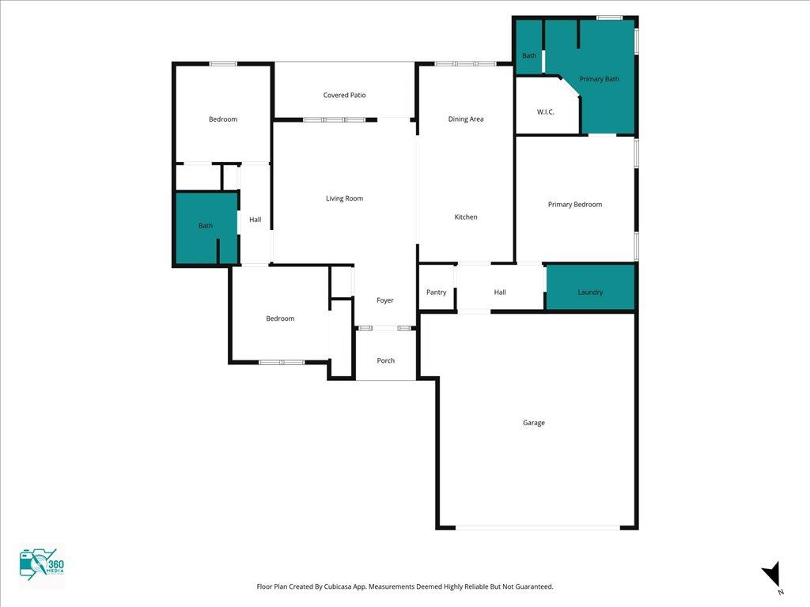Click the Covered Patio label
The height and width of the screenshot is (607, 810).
[344, 95]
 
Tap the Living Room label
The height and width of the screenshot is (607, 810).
[344, 198]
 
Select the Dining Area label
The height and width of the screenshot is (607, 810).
[465, 119]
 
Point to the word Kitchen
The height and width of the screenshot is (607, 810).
[465, 217]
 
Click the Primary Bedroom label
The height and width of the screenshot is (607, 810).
[574, 205]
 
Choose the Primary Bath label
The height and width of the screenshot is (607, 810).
[599, 79]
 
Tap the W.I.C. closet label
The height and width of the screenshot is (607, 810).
[546, 111]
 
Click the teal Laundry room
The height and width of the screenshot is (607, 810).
[590, 288]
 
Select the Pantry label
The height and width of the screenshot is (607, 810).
[436, 292]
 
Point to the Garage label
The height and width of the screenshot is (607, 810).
[534, 423]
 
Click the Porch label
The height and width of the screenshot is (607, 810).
[385, 360]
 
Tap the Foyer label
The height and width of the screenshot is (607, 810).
[385, 300]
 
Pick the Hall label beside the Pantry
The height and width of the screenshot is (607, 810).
[500, 292]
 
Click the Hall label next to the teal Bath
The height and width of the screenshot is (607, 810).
[255, 220]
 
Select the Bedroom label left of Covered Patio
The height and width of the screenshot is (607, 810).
[222, 119]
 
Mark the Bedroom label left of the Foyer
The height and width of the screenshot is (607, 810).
[280, 319]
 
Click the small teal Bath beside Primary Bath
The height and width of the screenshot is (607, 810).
[528, 47]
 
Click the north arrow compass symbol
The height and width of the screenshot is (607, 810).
[771, 575]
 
